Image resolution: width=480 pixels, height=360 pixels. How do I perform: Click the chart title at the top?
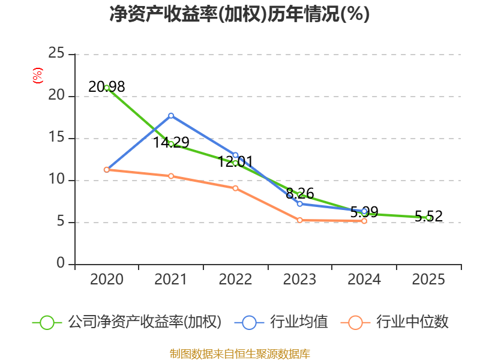tap(240, 14)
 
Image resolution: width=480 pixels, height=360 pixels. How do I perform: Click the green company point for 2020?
tap(107, 88)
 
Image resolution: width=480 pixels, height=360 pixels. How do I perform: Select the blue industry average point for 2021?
tap(171, 115)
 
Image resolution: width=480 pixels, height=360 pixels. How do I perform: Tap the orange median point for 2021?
tap(171, 176)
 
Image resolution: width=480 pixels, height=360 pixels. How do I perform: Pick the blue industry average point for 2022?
tap(235, 155)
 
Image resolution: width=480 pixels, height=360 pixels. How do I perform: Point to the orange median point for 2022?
tap(235, 188)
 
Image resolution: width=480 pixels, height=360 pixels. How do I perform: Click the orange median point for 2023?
tap(300, 220)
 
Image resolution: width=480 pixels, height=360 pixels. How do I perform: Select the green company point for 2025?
tap(428, 218)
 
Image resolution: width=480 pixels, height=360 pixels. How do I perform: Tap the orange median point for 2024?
tap(364, 221)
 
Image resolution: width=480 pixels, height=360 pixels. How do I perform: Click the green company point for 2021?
tap(171, 144)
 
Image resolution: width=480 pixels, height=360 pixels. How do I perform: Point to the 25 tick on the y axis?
tap(57, 54)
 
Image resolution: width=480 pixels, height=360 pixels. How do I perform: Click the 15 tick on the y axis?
tap(57, 138)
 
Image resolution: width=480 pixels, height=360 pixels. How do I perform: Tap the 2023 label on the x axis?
tap(300, 280)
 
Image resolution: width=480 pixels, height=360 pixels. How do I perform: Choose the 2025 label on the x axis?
tap(428, 280)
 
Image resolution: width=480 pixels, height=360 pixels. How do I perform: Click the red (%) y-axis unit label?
tap(38, 76)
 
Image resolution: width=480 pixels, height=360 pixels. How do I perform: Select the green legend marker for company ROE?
tap(47, 322)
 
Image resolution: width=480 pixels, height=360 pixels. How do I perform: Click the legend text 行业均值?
tap(299, 322)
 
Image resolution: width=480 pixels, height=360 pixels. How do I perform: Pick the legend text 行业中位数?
tap(413, 322)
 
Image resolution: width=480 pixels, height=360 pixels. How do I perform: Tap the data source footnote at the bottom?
tap(240, 353)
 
